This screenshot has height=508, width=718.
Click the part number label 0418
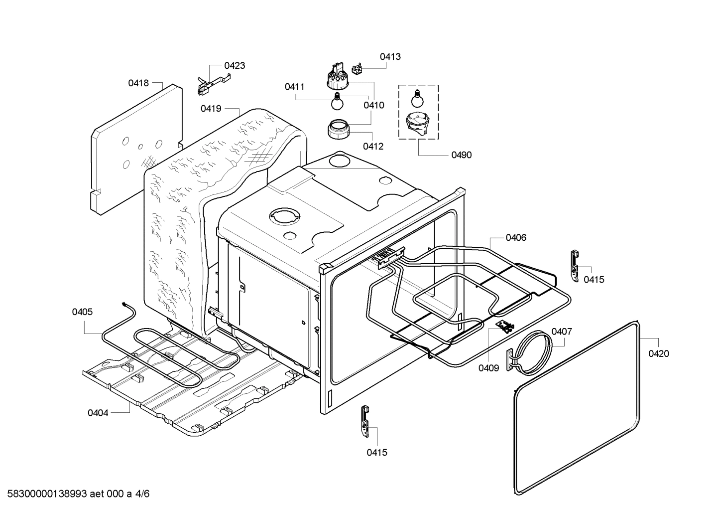click(138, 83)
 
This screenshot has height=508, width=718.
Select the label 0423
click(234, 65)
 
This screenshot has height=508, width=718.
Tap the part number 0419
click(211, 109)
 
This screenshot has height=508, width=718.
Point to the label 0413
click(390, 57)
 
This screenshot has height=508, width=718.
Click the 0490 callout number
click(461, 155)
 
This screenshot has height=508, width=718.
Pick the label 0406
click(515, 238)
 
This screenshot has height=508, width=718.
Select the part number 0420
click(658, 353)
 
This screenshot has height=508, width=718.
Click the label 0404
click(98, 413)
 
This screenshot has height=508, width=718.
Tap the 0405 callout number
click(82, 312)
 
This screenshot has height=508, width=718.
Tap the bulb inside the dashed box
click(417, 98)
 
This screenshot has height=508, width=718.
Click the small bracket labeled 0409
click(506, 327)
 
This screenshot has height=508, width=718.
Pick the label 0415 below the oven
click(376, 453)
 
